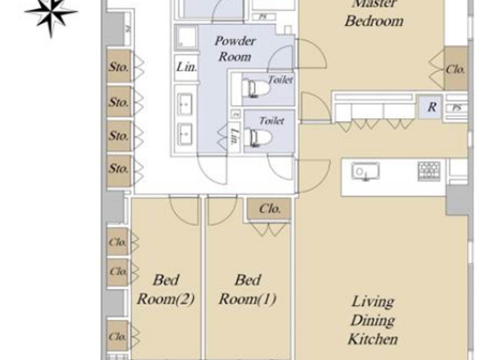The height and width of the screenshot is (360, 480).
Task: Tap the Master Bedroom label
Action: [x=374, y=14]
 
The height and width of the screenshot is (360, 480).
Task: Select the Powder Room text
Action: [x=235, y=49]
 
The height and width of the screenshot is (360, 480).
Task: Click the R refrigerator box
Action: [x=431, y=107]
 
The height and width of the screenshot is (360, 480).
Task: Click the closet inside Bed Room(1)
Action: [x=269, y=208]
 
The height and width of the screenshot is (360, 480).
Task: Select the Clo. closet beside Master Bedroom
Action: [x=455, y=70]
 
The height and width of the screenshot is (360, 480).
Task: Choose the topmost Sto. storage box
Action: [x=119, y=67]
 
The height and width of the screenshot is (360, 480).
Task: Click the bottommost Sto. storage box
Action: [x=119, y=169]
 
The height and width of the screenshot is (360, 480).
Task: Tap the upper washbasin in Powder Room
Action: [x=185, y=104]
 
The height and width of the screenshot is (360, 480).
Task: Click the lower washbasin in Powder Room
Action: [x=185, y=134]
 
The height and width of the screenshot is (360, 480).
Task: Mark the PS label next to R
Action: [x=457, y=108]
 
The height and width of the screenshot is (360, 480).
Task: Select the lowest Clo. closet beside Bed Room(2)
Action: [x=118, y=336]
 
